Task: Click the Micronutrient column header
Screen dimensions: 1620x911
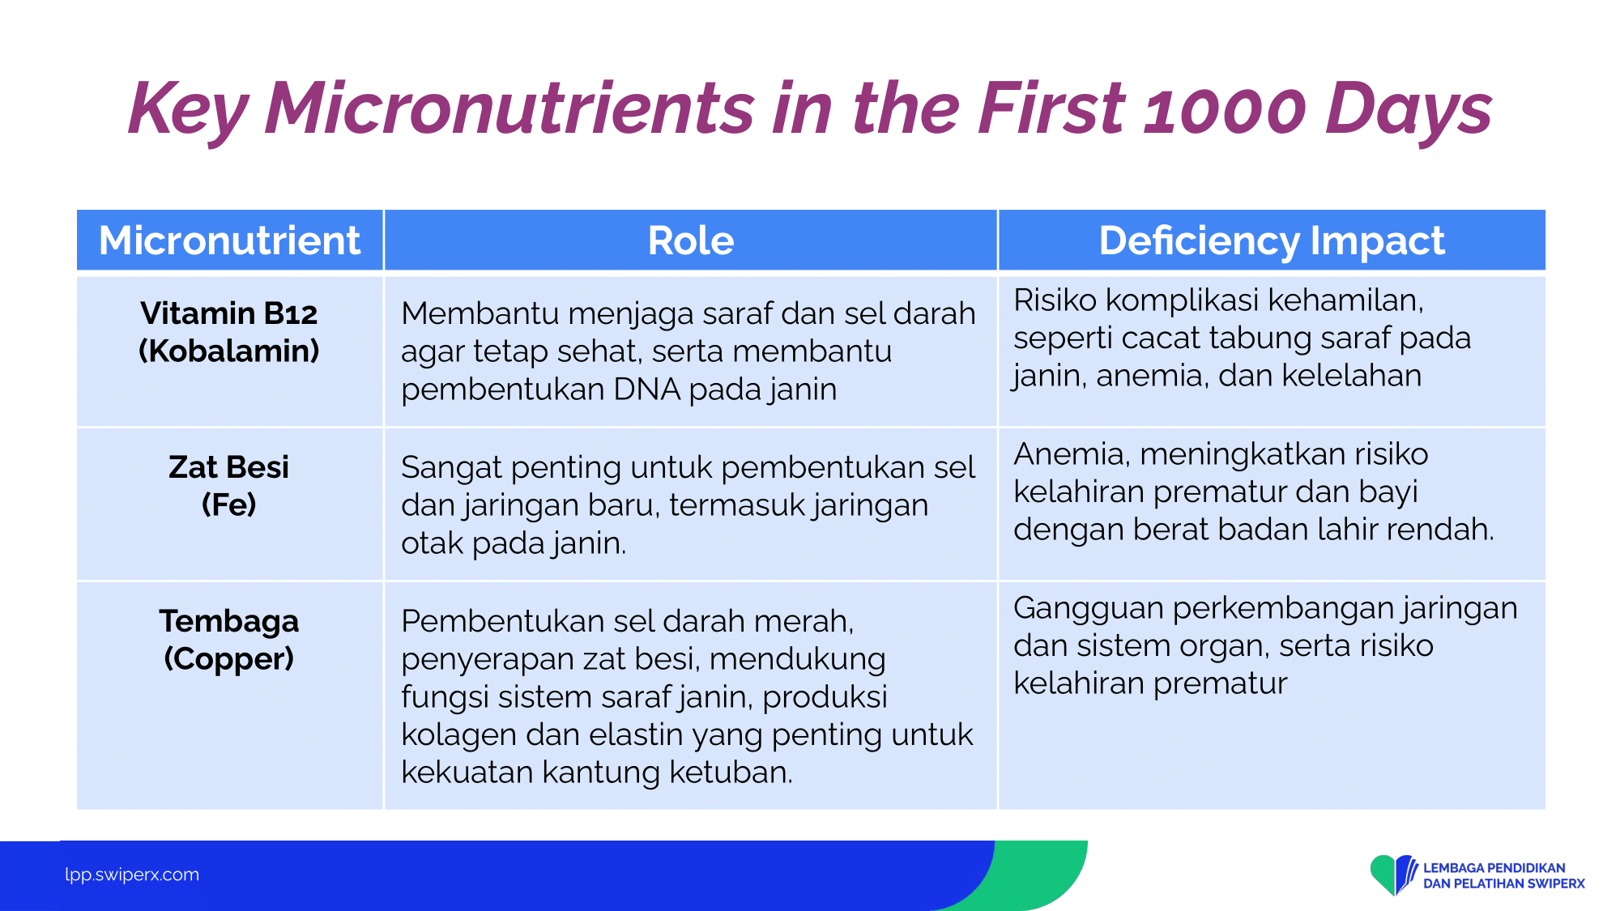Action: point(229,241)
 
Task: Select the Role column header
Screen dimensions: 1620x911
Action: point(691,241)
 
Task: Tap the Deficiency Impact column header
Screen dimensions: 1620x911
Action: point(1272,241)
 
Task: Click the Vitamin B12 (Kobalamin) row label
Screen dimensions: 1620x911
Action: point(229,332)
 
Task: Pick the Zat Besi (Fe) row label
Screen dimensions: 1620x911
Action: point(229,486)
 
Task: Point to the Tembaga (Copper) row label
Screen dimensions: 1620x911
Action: point(229,640)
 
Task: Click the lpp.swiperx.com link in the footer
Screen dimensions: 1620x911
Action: point(132,875)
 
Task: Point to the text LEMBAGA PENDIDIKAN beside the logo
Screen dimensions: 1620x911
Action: point(1494,868)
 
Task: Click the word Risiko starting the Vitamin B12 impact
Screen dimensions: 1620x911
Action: point(1055,300)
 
